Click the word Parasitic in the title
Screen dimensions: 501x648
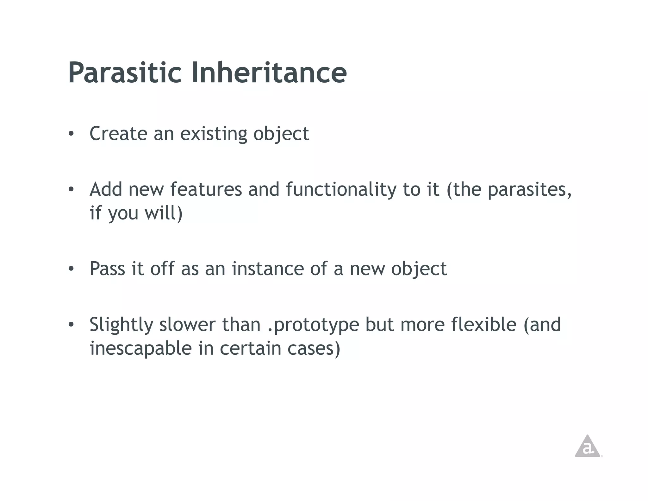pos(125,73)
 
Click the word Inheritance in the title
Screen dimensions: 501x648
pos(269,73)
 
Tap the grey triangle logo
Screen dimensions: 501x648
pos(587,447)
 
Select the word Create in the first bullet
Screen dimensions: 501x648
pos(118,134)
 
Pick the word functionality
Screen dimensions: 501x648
pos(341,190)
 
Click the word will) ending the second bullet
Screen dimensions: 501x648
pos(164,213)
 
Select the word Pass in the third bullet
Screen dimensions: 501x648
pos(107,269)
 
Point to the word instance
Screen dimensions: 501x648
pos(267,269)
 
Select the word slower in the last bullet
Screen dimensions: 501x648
pos(187,325)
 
